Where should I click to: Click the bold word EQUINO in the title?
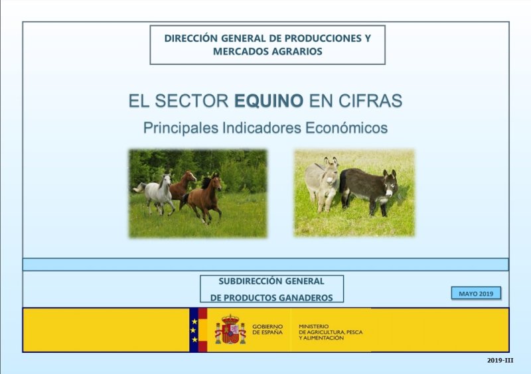(x=269, y=101)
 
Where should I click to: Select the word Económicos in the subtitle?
(x=346, y=128)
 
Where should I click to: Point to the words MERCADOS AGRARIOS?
(x=267, y=52)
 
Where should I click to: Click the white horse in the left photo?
(x=157, y=193)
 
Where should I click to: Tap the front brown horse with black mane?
(x=202, y=198)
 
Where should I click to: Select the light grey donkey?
(x=322, y=184)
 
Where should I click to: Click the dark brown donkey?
(x=368, y=190)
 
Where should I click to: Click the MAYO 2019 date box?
(x=476, y=294)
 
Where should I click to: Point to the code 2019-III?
(x=500, y=360)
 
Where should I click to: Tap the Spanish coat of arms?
(x=230, y=330)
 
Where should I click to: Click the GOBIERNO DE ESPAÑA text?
(x=267, y=330)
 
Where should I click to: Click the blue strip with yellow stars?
(x=194, y=330)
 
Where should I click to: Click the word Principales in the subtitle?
(x=181, y=128)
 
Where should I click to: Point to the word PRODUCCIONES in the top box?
(x=323, y=38)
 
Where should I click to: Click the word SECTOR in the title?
(x=192, y=101)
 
